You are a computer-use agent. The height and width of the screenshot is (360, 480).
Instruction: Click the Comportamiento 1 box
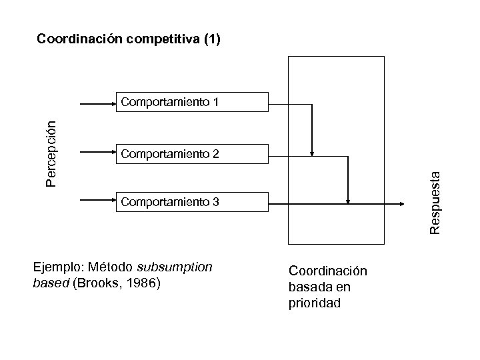pos(192,102)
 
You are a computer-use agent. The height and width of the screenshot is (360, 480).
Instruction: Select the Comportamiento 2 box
pos(192,154)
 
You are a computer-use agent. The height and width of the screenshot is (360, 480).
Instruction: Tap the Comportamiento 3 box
pos(192,201)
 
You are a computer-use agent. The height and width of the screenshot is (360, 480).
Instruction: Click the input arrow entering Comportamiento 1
pos(98,103)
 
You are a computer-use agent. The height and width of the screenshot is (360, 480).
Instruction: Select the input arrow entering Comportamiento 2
pos(98,153)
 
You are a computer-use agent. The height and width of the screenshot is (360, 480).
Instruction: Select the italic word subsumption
pos(175,267)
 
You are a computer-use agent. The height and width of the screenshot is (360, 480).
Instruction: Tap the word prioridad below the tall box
pos(314,303)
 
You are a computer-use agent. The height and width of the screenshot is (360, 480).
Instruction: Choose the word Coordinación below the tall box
pos(327,271)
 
